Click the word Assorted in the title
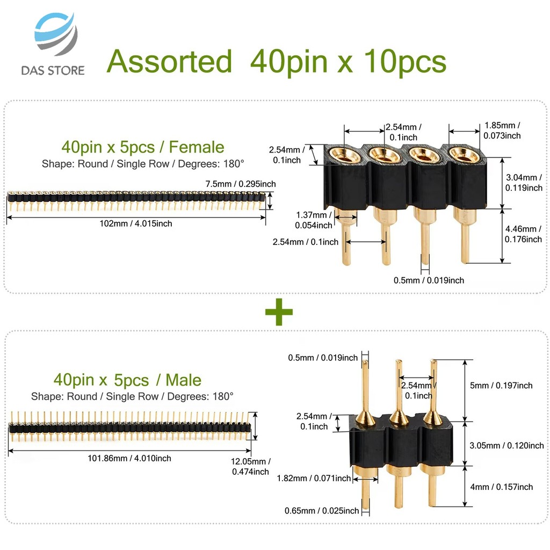coord(169,61)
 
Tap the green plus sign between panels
coord(279,312)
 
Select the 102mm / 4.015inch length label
coord(136,223)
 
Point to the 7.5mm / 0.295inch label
coord(241,184)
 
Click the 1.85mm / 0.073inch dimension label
coord(502,131)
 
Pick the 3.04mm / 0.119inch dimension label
coord(524,183)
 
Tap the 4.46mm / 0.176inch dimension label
coord(523,234)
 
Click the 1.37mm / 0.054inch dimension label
coord(314,220)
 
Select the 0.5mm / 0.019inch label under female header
coord(429,280)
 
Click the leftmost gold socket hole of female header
coord(345,155)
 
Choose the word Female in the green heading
coord(197,147)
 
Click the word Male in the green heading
coord(184,380)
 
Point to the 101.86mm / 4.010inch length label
coord(129,458)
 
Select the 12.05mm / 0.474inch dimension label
coord(250,466)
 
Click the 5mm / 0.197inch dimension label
coord(501,386)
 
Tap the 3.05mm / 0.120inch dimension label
coord(506,445)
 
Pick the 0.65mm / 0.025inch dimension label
coord(322,511)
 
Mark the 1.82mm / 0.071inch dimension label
coord(314,478)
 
